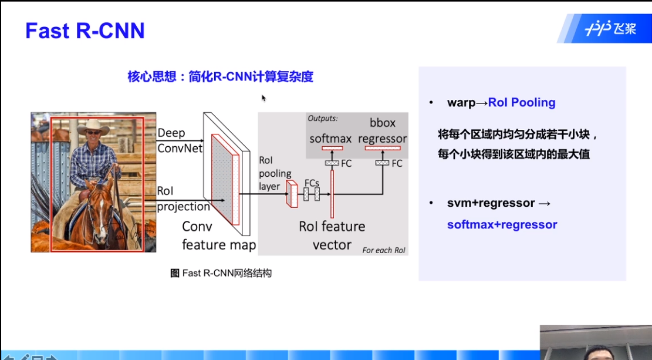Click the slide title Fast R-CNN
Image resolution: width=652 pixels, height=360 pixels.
(85, 31)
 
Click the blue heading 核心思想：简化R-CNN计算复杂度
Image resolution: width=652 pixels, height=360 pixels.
(220, 76)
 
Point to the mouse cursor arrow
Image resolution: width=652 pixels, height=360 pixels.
(263, 97)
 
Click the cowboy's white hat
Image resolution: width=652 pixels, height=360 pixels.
(93, 126)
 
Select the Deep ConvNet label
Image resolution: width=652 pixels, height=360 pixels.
(180, 141)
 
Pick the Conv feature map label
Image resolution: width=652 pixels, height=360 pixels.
(218, 235)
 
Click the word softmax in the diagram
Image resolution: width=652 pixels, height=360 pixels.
(330, 139)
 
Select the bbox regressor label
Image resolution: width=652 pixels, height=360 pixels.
(382, 131)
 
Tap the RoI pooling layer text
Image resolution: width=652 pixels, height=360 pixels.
(275, 173)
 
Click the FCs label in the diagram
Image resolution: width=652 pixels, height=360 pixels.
(311, 183)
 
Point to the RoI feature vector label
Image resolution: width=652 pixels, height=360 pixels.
(332, 235)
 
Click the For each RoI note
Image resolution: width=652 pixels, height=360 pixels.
(384, 250)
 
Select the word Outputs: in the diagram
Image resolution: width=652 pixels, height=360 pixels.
(323, 118)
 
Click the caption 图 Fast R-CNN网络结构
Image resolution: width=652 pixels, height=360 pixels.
(221, 273)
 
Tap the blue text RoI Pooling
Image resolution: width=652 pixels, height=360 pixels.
(522, 103)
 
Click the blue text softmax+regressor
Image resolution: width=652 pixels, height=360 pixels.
(502, 224)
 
